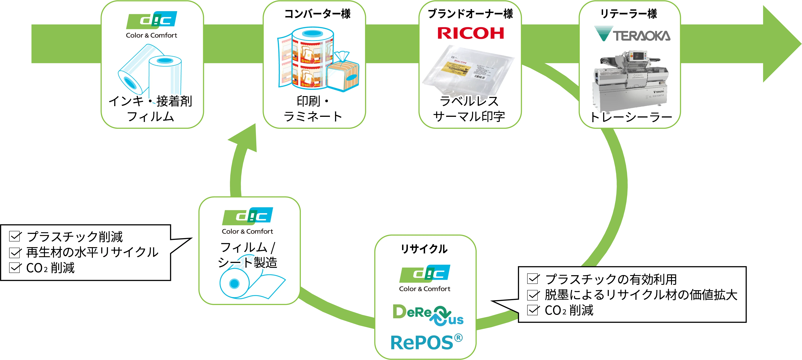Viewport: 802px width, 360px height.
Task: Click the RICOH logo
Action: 470,33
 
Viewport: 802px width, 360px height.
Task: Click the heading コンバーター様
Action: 317,14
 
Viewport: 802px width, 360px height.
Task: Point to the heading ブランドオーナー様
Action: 470,14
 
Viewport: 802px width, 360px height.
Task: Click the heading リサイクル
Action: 424,249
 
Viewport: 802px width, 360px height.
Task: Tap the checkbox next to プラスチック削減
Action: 15,236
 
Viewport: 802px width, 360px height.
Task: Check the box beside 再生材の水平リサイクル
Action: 15,252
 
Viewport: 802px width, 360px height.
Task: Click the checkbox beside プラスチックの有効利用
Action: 533,279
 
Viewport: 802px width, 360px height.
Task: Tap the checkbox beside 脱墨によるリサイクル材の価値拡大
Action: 533,295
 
